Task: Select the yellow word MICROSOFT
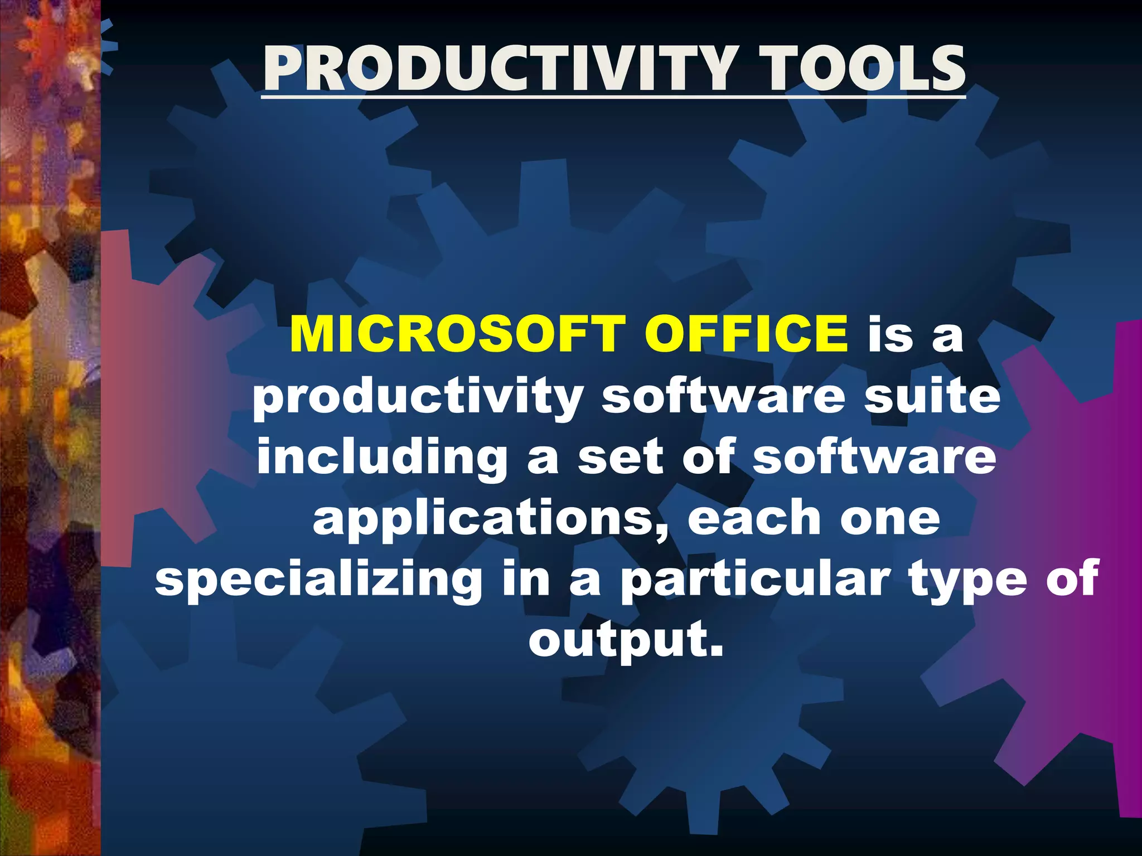click(x=455, y=334)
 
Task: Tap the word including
click(x=382, y=458)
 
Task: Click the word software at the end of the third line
click(x=874, y=456)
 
